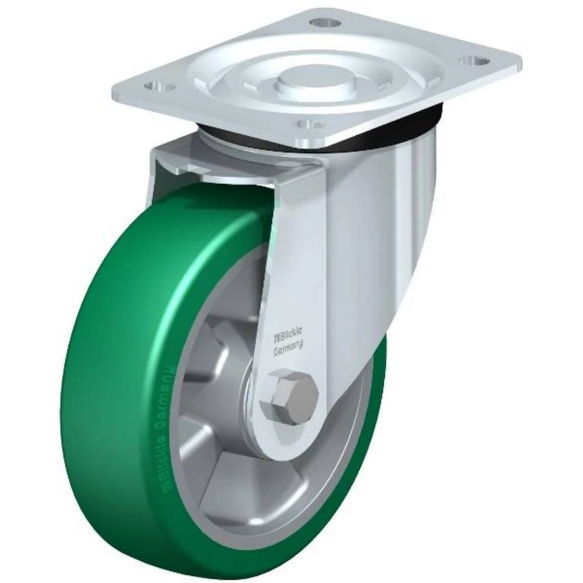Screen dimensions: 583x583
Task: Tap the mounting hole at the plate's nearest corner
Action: click(x=308, y=124)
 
